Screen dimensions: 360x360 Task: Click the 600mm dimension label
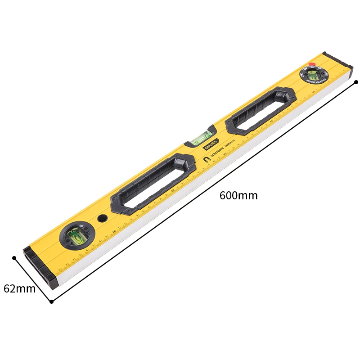click(238, 196)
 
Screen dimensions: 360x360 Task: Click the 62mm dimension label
click(19, 288)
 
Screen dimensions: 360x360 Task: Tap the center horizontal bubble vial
click(201, 136)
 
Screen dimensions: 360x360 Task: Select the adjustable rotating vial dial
click(315, 73)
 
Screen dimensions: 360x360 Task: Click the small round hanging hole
click(103, 219)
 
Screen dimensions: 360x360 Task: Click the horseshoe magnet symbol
click(206, 160)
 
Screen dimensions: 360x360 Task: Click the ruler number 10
click(114, 232)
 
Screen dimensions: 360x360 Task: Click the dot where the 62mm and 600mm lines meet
click(51, 301)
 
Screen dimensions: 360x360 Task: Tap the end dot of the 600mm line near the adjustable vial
click(356, 82)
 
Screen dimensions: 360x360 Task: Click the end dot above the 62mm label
click(14, 258)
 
